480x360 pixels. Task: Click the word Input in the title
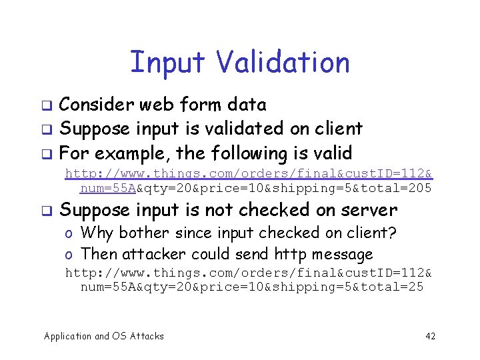click(169, 63)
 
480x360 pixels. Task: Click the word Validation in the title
click(283, 63)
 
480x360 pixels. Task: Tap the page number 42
click(430, 336)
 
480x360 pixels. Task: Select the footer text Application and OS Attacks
click(103, 336)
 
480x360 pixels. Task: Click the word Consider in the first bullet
click(96, 105)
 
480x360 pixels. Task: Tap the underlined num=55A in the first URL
click(108, 189)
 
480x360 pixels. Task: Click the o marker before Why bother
click(69, 233)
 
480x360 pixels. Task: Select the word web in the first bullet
click(155, 105)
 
